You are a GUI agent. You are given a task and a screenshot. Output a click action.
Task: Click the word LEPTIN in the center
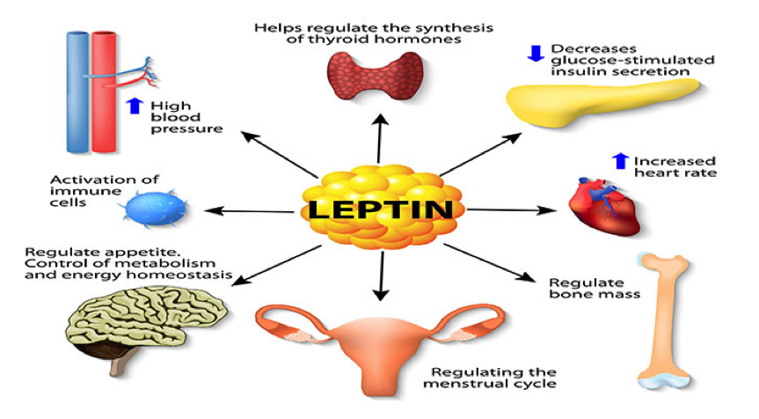tap(381, 209)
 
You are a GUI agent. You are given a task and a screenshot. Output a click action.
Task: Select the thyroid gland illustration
tap(376, 76)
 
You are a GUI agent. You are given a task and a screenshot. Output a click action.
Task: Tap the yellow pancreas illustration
tap(602, 103)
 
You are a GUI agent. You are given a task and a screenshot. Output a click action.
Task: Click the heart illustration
tap(604, 206)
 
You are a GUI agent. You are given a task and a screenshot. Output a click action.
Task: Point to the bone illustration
tap(663, 320)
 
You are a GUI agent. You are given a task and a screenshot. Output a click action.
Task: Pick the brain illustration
tap(145, 325)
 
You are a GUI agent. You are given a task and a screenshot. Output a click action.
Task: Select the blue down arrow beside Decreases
tap(536, 53)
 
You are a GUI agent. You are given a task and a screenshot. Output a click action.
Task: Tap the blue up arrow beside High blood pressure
tap(135, 106)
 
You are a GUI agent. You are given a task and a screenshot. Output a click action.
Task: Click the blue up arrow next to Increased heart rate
tap(620, 161)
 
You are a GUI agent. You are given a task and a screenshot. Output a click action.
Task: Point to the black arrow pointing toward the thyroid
tap(380, 138)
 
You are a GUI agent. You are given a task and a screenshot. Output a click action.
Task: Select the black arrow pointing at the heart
tap(512, 209)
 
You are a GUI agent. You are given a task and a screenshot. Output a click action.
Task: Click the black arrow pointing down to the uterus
tap(382, 276)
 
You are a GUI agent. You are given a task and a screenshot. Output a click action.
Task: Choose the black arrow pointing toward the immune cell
tap(249, 210)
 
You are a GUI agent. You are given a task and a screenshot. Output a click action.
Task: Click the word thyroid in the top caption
tap(329, 40)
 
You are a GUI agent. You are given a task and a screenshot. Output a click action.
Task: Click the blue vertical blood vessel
tap(77, 92)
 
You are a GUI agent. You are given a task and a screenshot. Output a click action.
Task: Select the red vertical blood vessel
tap(104, 92)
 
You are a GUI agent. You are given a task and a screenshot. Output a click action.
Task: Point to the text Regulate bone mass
tap(595, 288)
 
